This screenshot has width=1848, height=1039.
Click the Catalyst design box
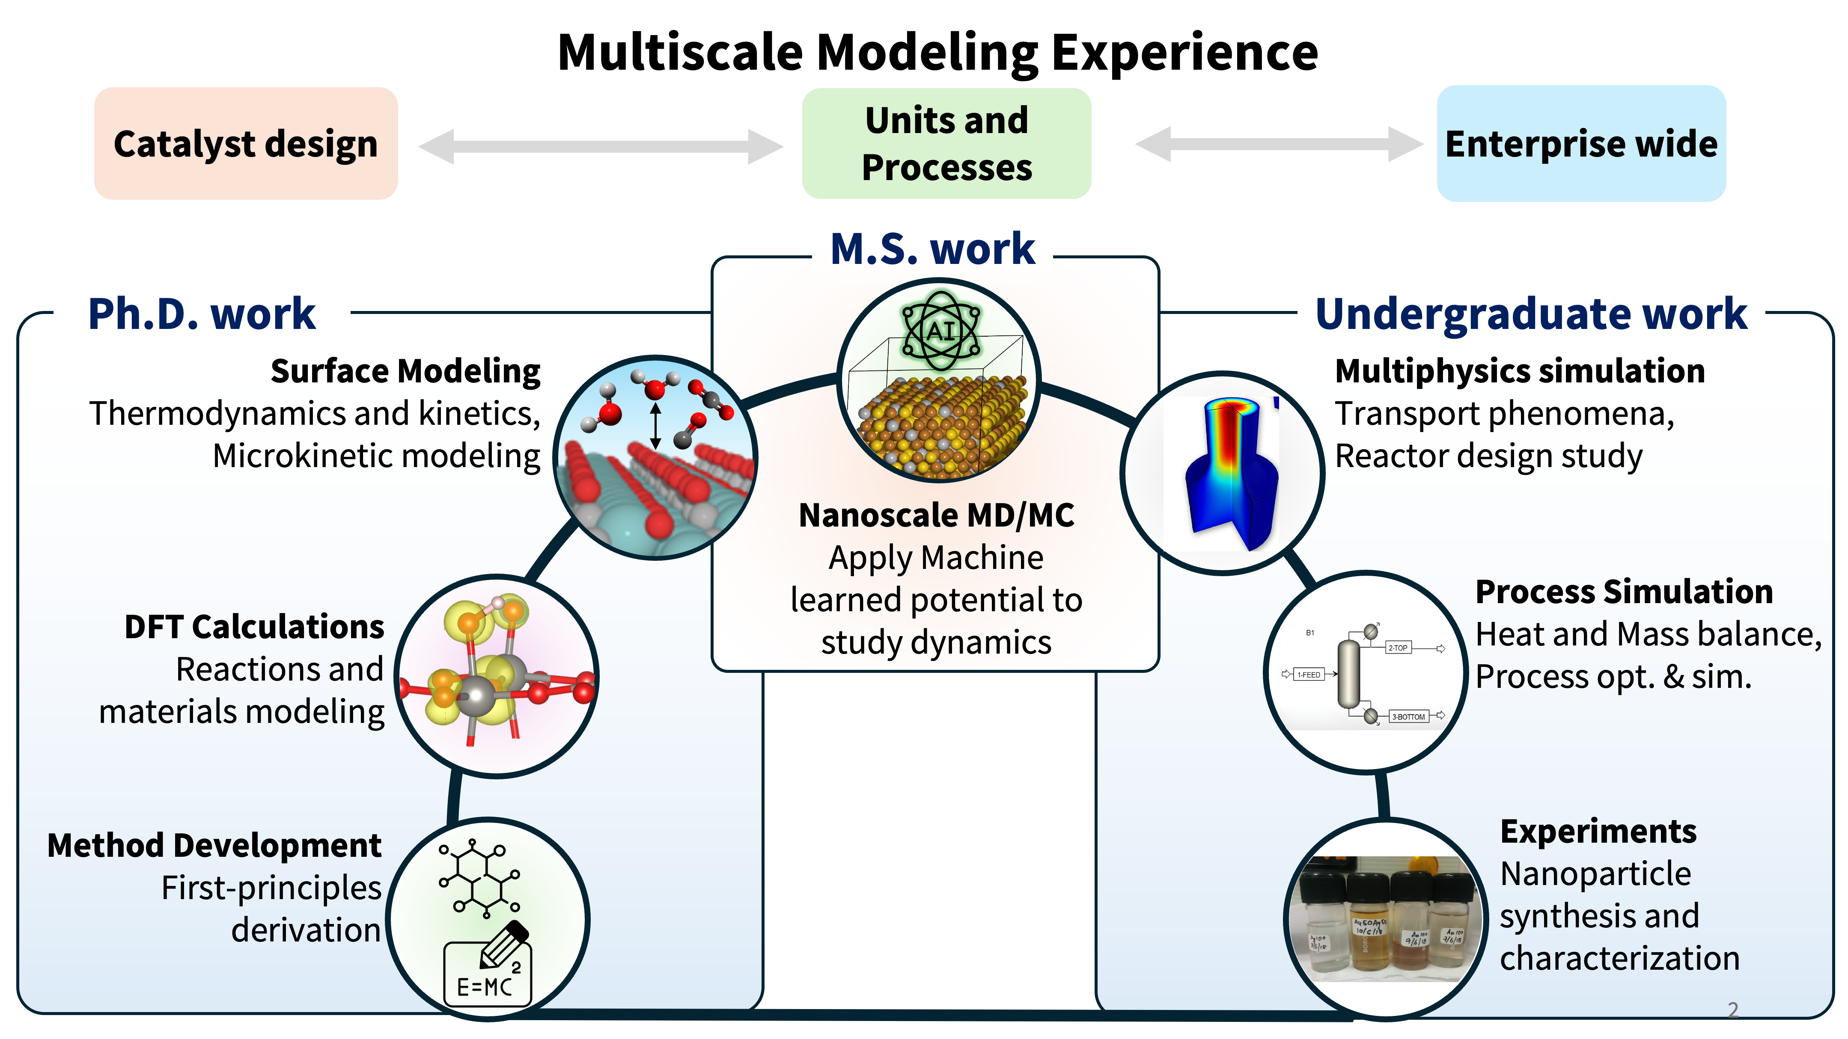click(245, 143)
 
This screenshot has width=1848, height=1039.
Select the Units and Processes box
click(946, 143)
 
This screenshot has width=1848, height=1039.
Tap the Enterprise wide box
click(1581, 143)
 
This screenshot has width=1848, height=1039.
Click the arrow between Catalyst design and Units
click(601, 146)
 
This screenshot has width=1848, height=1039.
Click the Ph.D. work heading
click(202, 314)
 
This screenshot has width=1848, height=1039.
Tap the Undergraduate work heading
click(1531, 314)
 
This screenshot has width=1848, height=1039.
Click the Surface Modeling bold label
click(405, 371)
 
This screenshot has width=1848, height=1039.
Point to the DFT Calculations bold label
click(255, 627)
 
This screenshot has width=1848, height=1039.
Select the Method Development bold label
click(214, 845)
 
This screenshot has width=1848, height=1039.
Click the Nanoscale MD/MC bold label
click(936, 515)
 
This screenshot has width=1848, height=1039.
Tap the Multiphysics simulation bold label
click(1519, 371)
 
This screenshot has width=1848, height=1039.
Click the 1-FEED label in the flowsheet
click(1309, 675)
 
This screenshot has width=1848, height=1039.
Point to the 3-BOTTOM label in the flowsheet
click(1408, 716)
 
